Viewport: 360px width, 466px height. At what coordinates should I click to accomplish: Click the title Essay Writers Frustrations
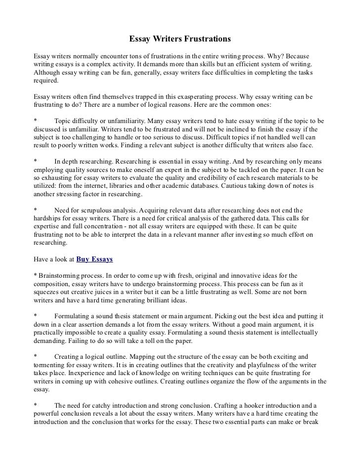point(180,38)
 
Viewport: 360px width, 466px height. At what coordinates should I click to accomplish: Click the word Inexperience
point(74,374)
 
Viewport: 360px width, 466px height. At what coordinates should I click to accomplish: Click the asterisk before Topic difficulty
point(34,120)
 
